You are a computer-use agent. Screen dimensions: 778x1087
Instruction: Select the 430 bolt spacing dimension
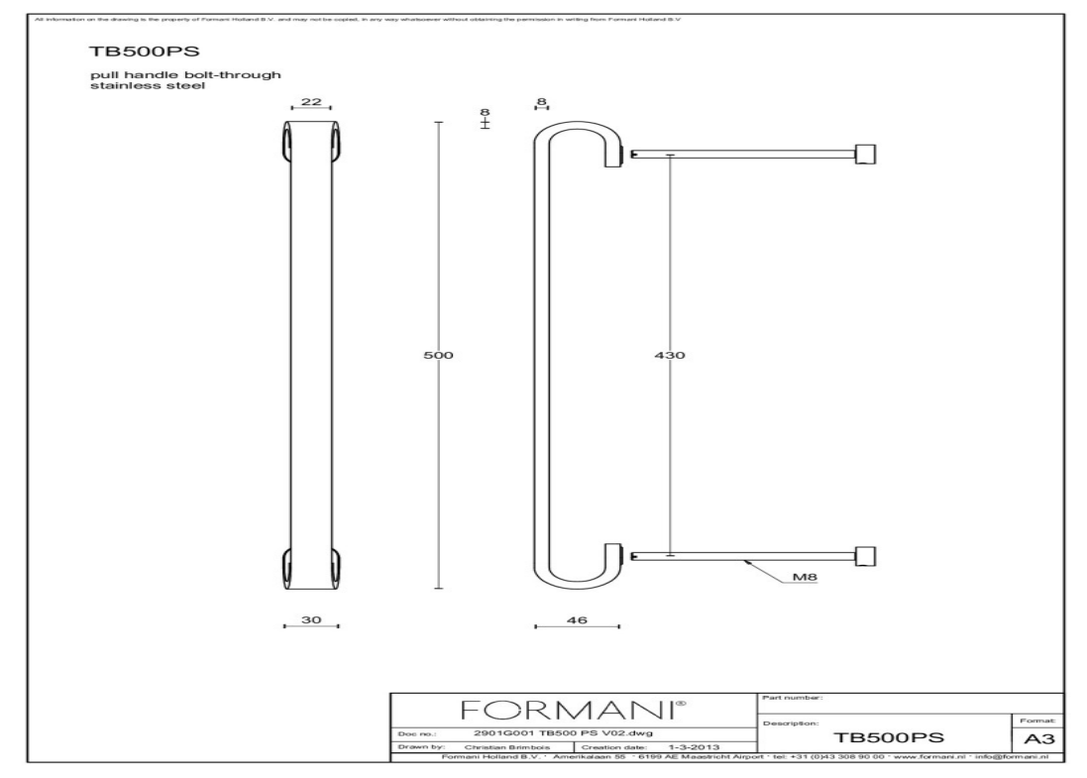(671, 355)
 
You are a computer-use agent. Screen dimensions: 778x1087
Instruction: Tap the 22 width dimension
(309, 102)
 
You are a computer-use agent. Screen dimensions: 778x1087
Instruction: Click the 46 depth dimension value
(577, 619)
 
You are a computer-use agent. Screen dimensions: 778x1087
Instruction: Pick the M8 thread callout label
(804, 576)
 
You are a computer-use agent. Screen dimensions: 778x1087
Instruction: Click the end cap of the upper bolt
(867, 153)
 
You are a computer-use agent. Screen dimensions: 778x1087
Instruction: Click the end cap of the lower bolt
(867, 557)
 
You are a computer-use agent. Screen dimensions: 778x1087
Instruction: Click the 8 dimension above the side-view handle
(542, 101)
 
